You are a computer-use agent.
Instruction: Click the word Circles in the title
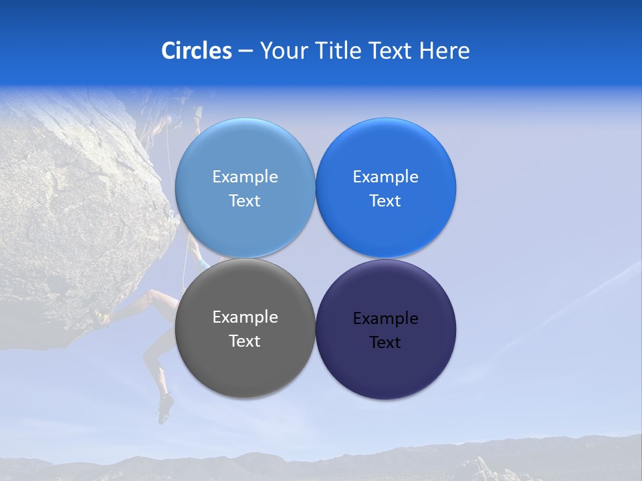click(196, 51)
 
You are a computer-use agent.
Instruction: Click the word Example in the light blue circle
click(245, 177)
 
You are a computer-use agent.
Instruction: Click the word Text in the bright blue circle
click(385, 201)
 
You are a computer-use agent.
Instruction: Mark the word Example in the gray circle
click(245, 317)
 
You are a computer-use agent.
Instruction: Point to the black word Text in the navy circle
click(385, 343)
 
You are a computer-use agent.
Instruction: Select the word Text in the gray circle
click(245, 341)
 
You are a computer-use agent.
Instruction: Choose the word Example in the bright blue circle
click(385, 177)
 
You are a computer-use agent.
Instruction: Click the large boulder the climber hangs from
click(74, 214)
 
